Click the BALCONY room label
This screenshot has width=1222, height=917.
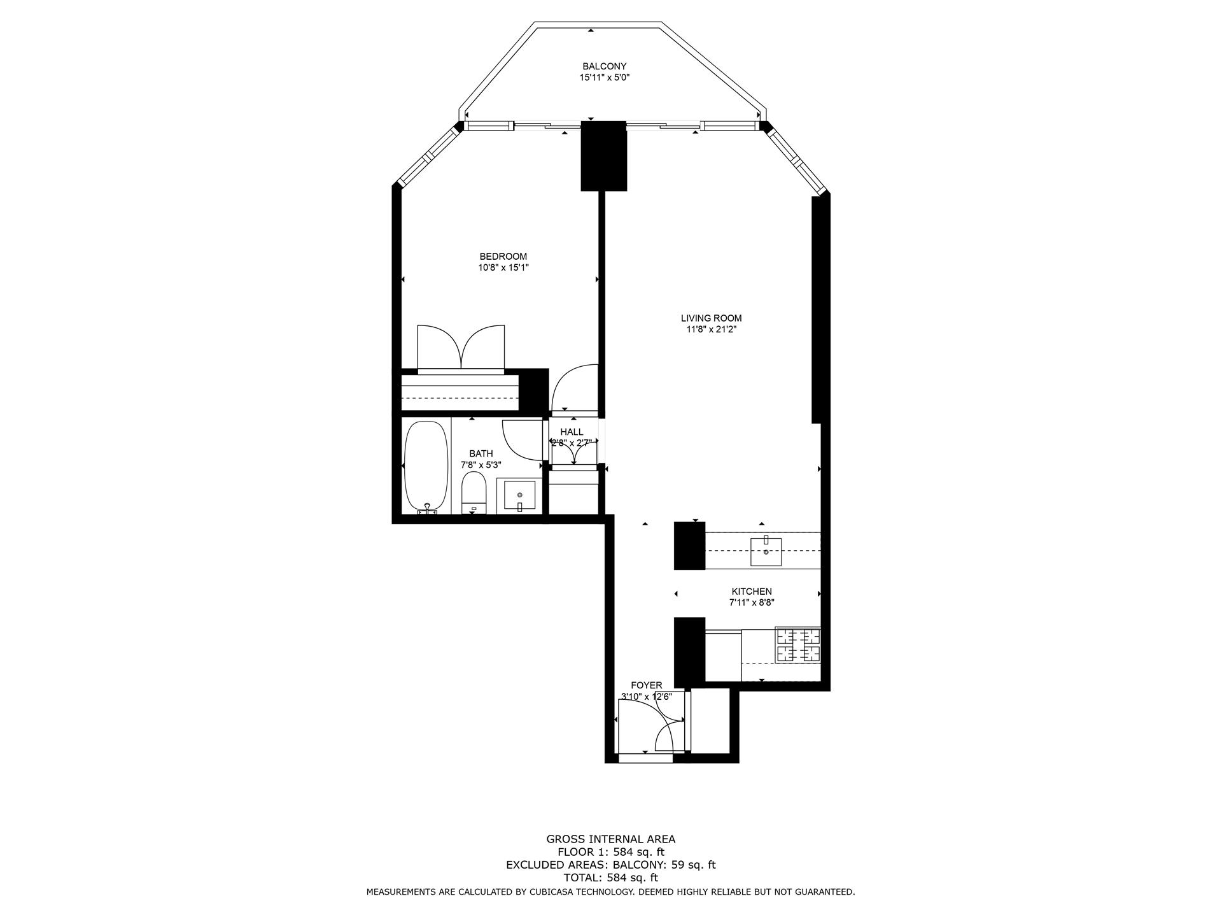pos(604,66)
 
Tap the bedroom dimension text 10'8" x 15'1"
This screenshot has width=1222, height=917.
pos(503,268)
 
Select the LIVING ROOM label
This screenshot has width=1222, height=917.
pos(711,318)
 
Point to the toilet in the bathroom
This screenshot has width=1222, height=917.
pos(474,492)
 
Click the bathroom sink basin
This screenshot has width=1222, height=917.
pos(520,496)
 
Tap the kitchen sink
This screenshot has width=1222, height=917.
pos(766,551)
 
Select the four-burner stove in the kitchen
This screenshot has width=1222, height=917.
pos(797,644)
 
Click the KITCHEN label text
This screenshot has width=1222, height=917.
pos(751,592)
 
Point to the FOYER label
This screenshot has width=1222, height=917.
pos(646,685)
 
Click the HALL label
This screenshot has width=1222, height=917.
pos(572,432)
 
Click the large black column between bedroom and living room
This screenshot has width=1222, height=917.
pos(604,156)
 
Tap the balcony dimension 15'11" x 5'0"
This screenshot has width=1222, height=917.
pos(604,78)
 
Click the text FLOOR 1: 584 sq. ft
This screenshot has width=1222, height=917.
pos(610,852)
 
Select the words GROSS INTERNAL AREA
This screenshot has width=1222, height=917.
pos(610,839)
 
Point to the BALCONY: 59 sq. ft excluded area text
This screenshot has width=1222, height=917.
pos(664,865)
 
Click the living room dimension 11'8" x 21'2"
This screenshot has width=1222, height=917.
pos(711,330)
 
